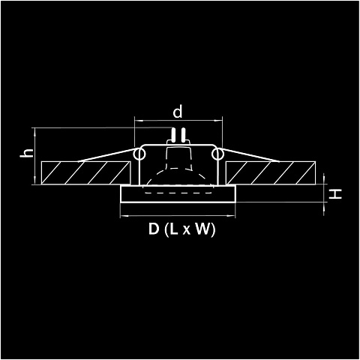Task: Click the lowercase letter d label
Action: coord(178,112)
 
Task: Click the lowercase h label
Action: coord(27,153)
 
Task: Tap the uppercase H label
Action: coord(335,194)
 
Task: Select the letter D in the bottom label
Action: coord(154,229)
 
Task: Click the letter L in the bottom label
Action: coord(174,229)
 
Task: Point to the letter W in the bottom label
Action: coord(202,229)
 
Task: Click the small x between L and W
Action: coord(186,230)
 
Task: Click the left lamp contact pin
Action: coord(172,135)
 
